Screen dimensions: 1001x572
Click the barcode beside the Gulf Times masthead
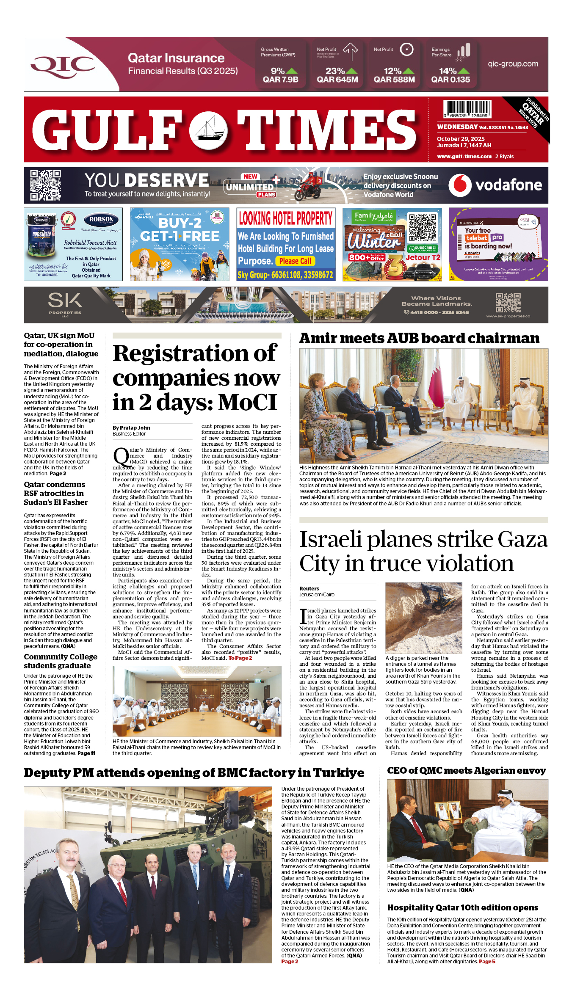(x=467, y=109)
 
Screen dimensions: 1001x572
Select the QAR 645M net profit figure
(x=337, y=79)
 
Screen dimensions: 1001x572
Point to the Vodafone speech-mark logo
(x=460, y=185)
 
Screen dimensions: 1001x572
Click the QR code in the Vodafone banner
(x=45, y=185)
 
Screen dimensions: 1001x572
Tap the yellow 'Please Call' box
(x=295, y=261)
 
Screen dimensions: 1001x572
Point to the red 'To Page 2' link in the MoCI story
(x=240, y=658)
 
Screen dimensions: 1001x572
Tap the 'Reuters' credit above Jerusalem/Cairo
(x=309, y=588)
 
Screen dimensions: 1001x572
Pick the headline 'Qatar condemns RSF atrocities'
(x=55, y=493)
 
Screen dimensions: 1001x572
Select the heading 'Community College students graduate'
(x=61, y=661)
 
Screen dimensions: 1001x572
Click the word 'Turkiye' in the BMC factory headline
(x=339, y=773)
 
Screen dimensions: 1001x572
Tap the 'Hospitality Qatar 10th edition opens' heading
(x=462, y=907)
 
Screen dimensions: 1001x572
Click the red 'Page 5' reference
(x=487, y=962)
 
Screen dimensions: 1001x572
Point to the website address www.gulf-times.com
(x=464, y=156)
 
